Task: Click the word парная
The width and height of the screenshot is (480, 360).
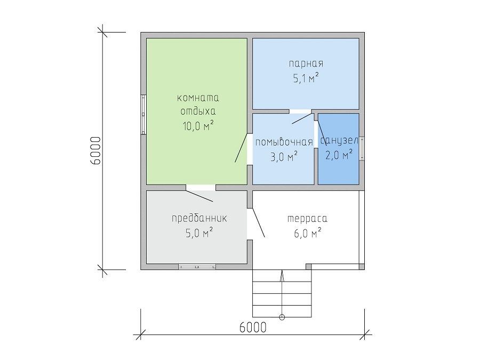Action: [306, 63]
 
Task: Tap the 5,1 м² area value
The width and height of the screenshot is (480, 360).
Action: [306, 78]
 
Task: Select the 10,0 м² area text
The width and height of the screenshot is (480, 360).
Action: [198, 125]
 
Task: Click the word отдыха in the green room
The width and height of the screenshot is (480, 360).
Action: [198, 111]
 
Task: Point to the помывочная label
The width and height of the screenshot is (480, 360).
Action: [284, 142]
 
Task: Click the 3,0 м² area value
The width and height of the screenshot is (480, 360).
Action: [284, 157]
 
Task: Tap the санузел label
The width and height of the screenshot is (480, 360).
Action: [339, 141]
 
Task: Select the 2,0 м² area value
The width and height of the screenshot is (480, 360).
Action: [339, 155]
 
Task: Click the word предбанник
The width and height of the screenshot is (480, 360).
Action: [199, 218]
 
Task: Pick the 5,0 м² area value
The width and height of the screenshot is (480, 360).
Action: [199, 233]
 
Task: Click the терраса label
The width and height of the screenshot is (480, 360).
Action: [307, 219]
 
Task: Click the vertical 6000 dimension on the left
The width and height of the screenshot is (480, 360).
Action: [95, 150]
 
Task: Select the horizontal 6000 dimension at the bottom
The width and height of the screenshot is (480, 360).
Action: [253, 327]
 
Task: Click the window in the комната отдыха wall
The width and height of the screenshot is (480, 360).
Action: [143, 115]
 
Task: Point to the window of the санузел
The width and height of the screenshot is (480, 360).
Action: [362, 148]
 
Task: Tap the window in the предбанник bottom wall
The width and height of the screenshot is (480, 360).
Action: [197, 267]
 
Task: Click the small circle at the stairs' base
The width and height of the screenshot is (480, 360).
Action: [282, 317]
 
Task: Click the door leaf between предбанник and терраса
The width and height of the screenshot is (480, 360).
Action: [258, 222]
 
